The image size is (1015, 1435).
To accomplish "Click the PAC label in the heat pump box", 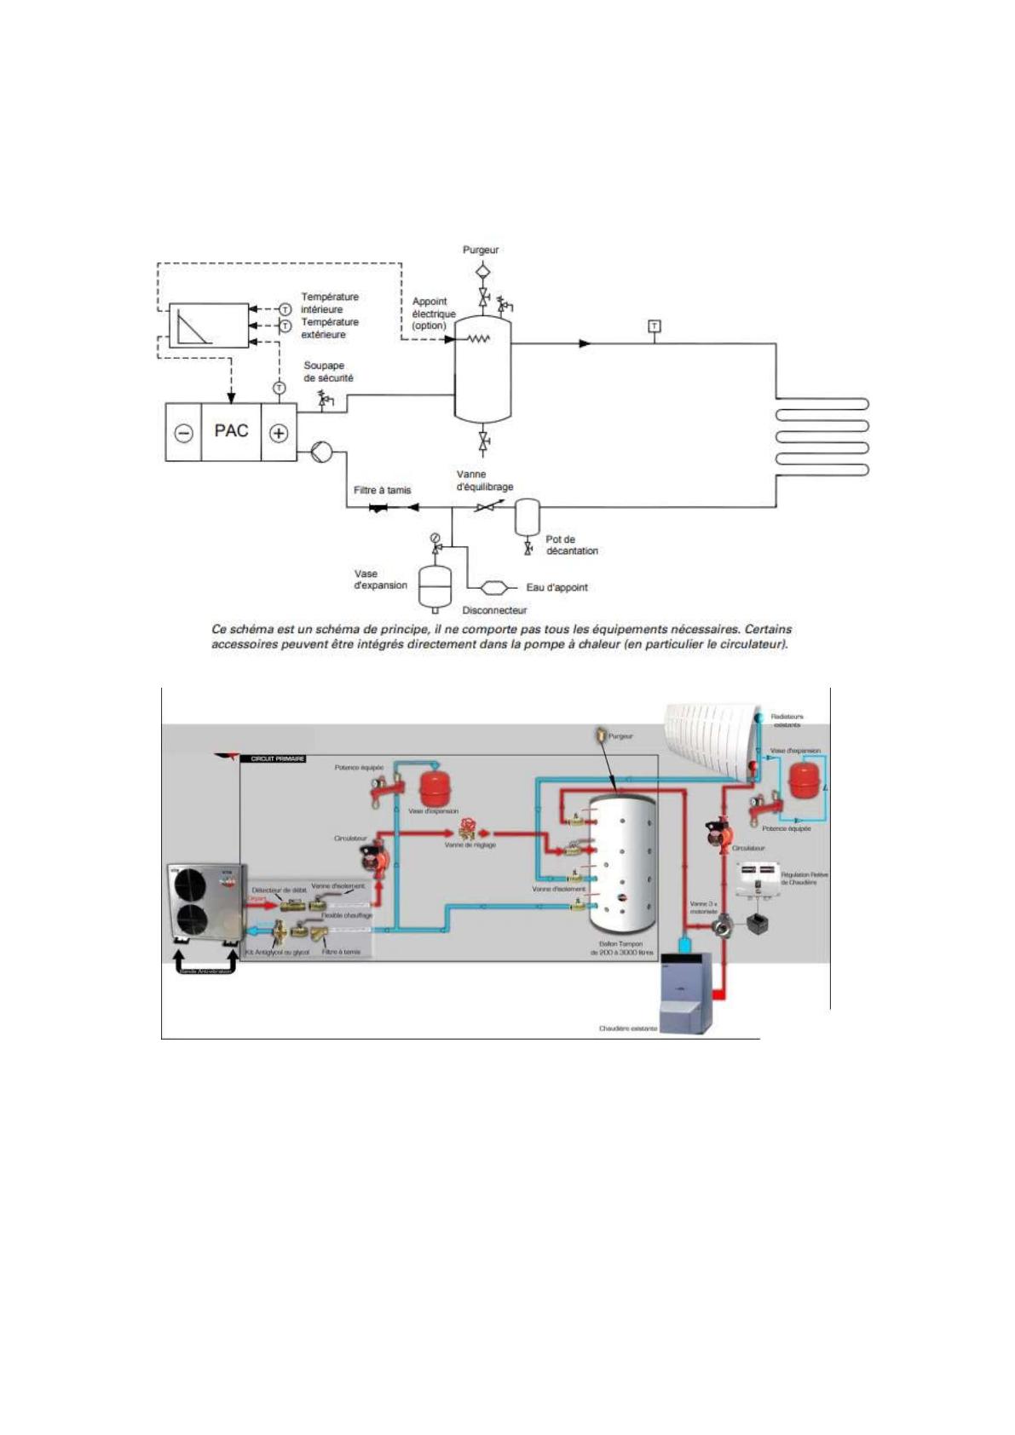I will click(x=231, y=431).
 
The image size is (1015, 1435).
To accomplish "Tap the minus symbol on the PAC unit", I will click(x=183, y=433).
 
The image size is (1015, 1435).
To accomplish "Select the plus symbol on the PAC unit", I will click(x=279, y=433).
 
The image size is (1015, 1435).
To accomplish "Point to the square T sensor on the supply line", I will click(x=654, y=326).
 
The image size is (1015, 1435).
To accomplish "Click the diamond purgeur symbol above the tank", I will click(x=482, y=271).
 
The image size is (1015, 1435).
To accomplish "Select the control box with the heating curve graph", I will click(x=208, y=325).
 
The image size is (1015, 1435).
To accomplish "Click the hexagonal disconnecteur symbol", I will click(x=495, y=587).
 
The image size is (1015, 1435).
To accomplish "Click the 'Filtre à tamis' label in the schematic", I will click(x=382, y=490).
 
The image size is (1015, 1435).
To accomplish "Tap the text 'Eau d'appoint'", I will click(x=557, y=587).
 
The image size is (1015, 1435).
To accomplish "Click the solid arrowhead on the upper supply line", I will click(x=585, y=343).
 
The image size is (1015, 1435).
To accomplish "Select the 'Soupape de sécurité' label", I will click(x=328, y=372).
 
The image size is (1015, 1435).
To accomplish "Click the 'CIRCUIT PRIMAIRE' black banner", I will click(x=273, y=758).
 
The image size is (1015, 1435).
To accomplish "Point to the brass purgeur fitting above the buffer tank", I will click(x=603, y=735).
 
